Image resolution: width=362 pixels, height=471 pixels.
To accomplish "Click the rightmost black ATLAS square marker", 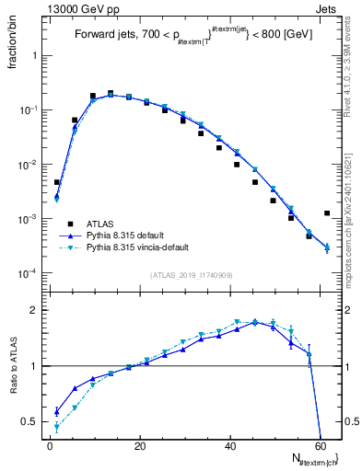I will click(x=327, y=213).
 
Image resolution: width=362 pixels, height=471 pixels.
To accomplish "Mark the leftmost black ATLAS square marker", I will click(x=56, y=182).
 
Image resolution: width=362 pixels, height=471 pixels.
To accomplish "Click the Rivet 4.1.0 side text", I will click(x=353, y=64).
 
